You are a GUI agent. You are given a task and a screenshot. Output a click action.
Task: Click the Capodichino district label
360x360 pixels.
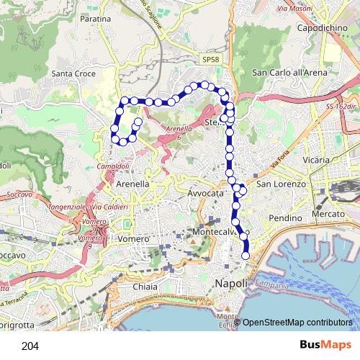[323, 30]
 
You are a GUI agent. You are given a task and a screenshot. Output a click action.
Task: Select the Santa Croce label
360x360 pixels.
[74, 73]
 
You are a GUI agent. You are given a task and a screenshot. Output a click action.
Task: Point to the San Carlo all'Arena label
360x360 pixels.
[289, 73]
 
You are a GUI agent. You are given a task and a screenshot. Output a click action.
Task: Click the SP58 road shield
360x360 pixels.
[210, 59]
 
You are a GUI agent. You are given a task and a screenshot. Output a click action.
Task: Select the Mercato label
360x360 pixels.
[330, 215]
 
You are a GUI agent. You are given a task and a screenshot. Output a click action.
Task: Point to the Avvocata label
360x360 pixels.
[206, 194]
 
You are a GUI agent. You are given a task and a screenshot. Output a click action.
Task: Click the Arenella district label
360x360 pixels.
[132, 184]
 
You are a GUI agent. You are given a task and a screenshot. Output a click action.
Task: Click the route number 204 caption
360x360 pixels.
[30, 346]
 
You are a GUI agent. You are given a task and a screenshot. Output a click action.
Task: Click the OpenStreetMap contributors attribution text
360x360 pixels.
[297, 323]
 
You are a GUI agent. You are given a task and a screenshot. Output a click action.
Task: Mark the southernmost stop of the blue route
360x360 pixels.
[246, 256]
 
